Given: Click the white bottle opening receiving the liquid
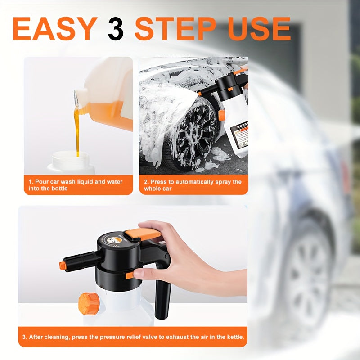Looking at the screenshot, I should (71, 160).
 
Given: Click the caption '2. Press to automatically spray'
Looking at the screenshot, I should (193, 185).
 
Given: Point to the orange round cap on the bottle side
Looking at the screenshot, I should (89, 304).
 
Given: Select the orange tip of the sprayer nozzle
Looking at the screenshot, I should (63, 266).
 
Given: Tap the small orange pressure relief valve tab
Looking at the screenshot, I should (130, 275).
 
